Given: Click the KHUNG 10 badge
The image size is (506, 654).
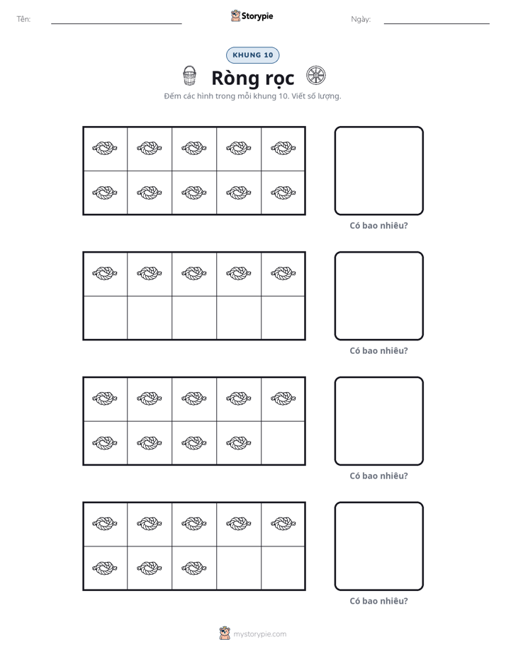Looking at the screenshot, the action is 252,55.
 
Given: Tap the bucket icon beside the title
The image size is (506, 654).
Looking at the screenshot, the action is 189,76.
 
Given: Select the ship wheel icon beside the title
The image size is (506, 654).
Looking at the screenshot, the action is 316,76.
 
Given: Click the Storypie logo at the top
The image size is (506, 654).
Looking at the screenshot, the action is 252,16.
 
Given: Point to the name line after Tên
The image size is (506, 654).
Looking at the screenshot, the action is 116,23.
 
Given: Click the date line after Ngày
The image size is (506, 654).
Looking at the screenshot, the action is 437,23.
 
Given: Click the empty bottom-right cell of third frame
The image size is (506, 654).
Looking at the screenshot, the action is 283,442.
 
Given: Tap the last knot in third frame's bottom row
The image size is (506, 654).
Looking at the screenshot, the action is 238,442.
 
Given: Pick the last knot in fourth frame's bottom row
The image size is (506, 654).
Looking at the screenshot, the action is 193,568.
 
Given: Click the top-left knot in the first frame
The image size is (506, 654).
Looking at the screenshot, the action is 104,148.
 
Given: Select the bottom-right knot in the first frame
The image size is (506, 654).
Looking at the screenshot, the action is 283,193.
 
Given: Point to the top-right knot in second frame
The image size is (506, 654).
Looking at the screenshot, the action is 283,273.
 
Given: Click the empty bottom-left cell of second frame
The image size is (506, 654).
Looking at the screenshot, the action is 106,317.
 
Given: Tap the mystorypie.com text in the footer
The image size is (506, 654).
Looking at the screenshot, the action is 259,634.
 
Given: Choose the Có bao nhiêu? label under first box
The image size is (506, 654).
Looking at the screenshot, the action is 378,226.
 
